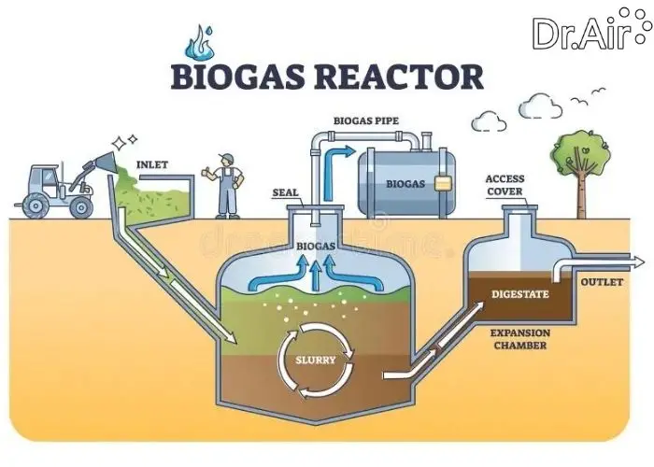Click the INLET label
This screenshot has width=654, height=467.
(152, 165)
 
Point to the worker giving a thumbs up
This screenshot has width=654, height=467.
(225, 184)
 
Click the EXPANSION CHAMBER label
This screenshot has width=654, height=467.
(522, 339)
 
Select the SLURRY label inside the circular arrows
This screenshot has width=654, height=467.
(315, 360)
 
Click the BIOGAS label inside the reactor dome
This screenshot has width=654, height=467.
(315, 246)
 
